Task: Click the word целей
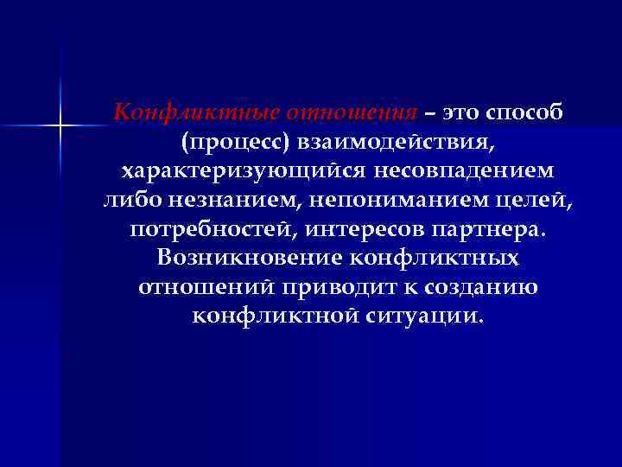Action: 534,201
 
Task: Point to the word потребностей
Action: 206,230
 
